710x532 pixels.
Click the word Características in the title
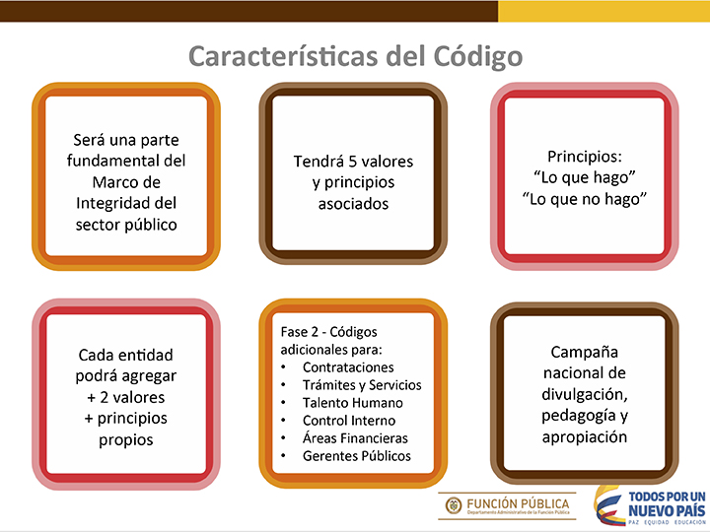point(283,56)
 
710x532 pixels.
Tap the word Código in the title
point(477,57)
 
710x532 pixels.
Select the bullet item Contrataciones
point(348,367)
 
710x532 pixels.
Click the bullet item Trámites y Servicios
point(362,385)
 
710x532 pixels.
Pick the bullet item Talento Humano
point(353,403)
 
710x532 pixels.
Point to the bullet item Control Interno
point(349,421)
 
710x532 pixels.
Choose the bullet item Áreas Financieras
point(355,437)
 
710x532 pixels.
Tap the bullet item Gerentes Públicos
point(357,456)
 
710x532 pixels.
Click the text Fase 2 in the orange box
point(299,332)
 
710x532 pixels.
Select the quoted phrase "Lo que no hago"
point(584,199)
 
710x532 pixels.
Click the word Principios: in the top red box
point(585,157)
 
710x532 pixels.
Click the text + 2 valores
point(126,397)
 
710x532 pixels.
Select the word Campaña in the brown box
point(584,352)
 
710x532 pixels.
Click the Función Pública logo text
point(518,504)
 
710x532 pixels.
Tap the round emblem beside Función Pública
point(454,505)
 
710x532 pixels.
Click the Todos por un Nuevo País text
point(667,504)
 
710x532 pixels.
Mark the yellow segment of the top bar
point(604,11)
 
